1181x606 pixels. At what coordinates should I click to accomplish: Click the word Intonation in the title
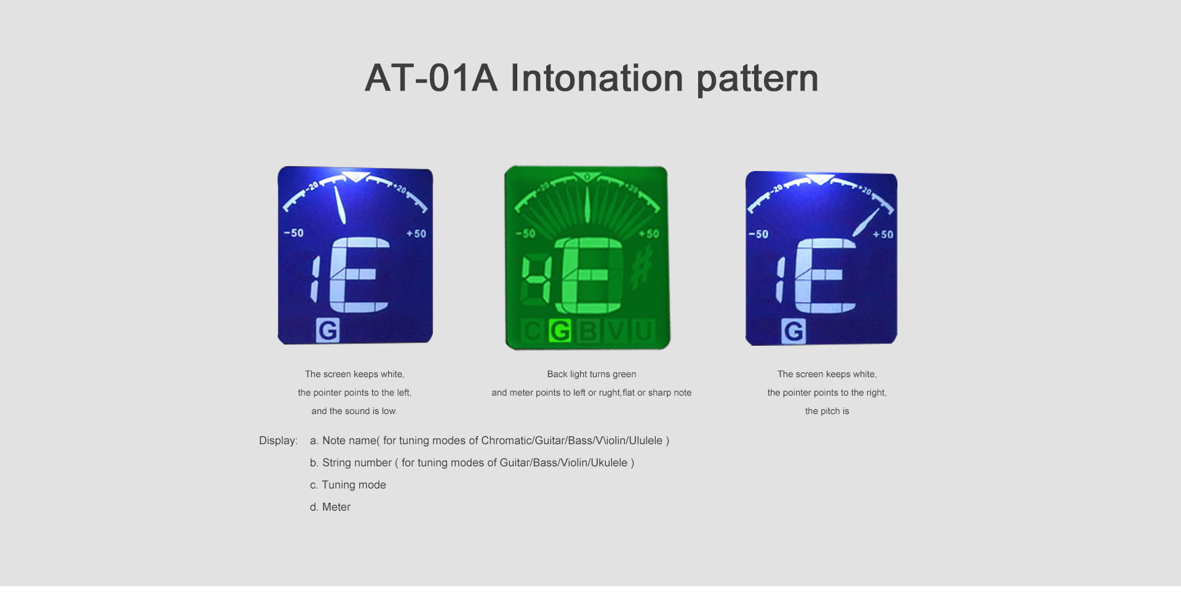[x=597, y=78]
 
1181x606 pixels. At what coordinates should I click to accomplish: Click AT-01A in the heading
[x=431, y=78]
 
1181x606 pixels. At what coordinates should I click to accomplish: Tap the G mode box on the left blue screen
[x=327, y=330]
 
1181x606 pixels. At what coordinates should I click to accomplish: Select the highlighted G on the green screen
[x=560, y=331]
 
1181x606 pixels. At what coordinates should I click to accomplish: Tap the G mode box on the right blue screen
[x=793, y=331]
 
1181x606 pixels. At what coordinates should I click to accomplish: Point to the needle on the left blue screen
[x=340, y=205]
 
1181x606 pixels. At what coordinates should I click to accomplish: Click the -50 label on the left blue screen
[x=293, y=233]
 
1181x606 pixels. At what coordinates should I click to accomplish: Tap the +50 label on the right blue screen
[x=883, y=234]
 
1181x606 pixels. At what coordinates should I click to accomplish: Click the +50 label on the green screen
[x=649, y=234]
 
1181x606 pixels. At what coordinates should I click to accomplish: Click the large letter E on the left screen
[x=359, y=275]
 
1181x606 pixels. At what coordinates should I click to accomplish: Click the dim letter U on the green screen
[x=643, y=331]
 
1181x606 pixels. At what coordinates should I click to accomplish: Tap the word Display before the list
[x=278, y=441]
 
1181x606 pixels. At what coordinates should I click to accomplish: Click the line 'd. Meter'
[x=330, y=507]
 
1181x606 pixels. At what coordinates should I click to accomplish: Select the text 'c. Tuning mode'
[x=348, y=485]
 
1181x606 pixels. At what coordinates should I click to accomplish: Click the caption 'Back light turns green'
[x=592, y=374]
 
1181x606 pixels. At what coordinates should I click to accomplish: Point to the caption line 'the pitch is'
[x=827, y=411]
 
